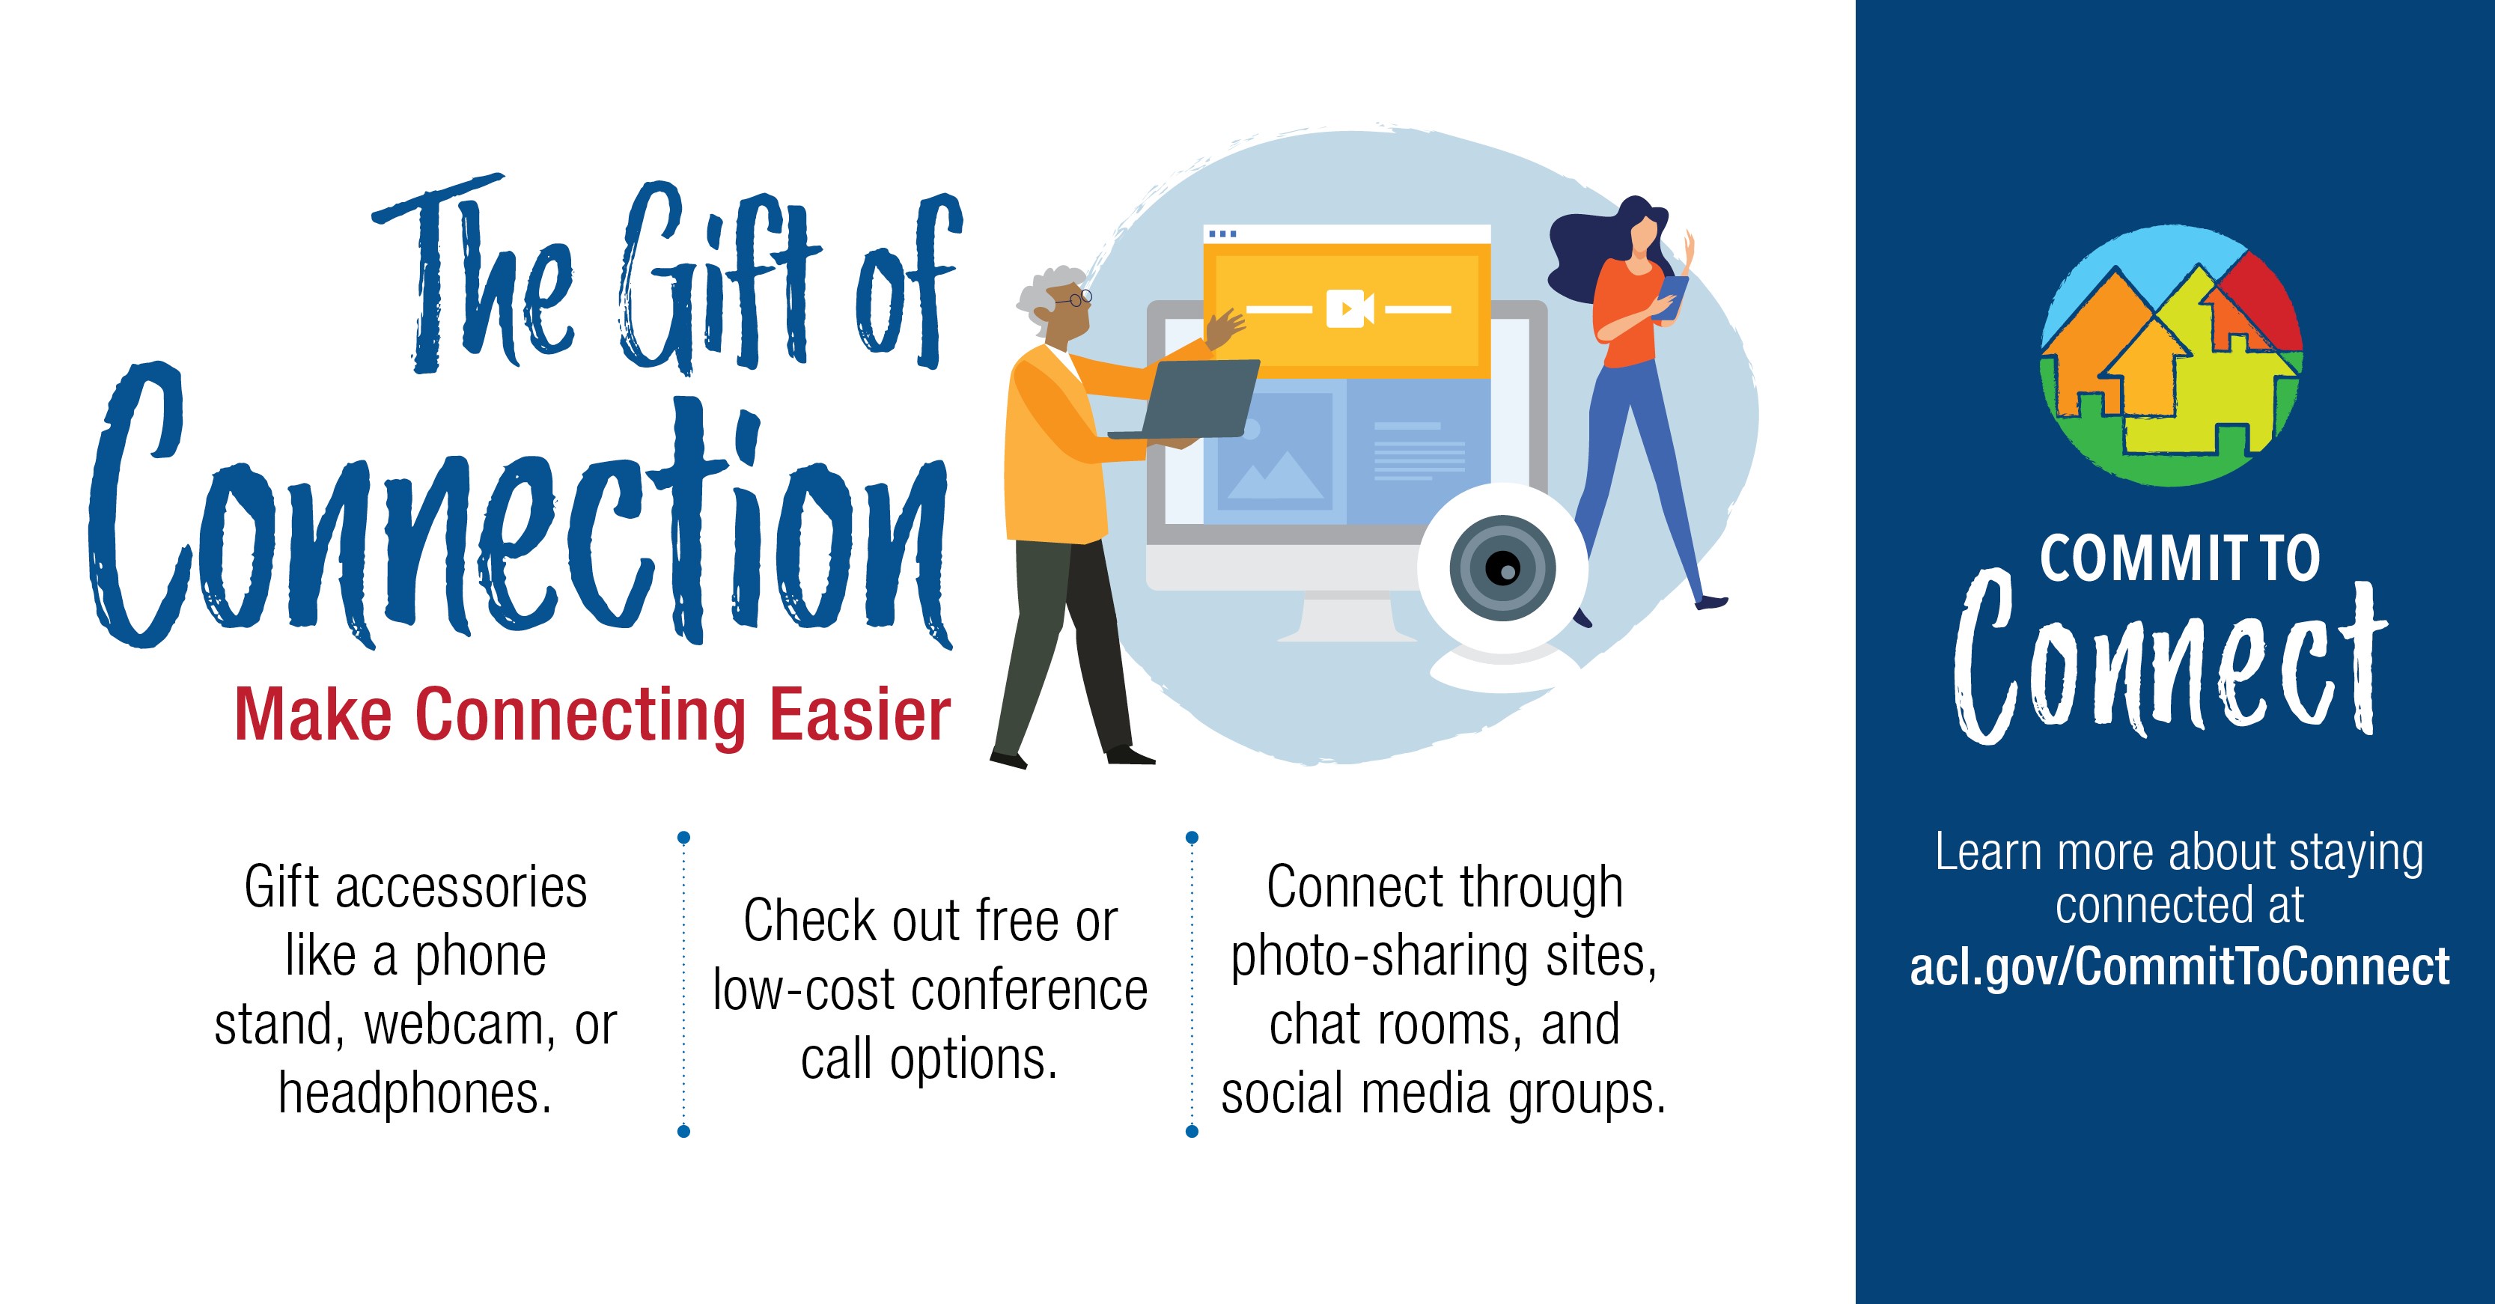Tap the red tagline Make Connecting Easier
593,715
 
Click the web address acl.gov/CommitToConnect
2179,967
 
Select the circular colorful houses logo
2172,356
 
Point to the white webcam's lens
1502,567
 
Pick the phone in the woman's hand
1673,294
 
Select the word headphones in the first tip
415,1094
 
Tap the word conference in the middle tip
1029,990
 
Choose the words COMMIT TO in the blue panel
2179,559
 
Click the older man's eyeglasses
1075,299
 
